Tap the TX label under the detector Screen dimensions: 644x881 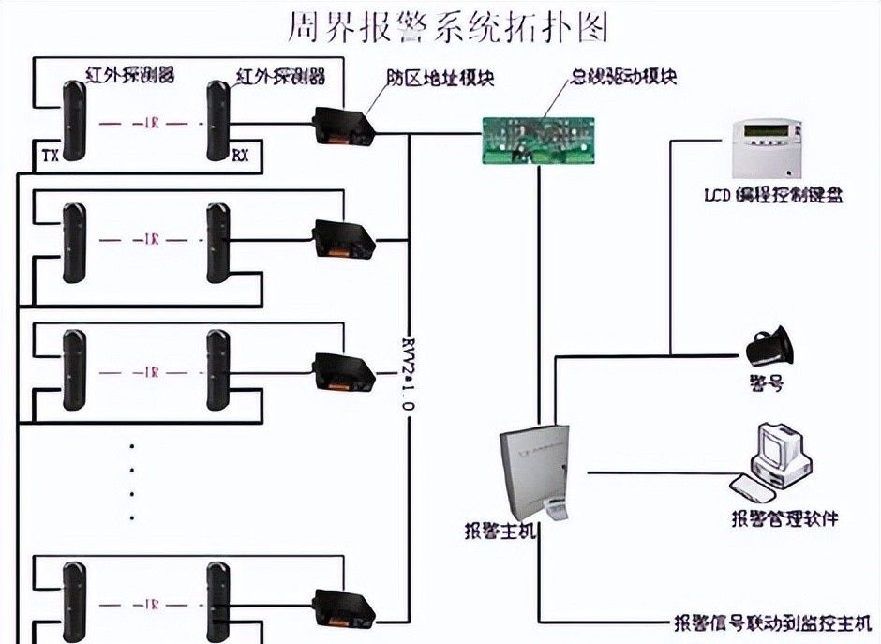(52, 156)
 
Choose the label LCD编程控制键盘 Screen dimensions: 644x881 (773, 196)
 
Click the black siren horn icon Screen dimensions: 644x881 (769, 348)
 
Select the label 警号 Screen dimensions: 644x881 (766, 382)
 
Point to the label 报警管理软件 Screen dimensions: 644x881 (784, 517)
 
